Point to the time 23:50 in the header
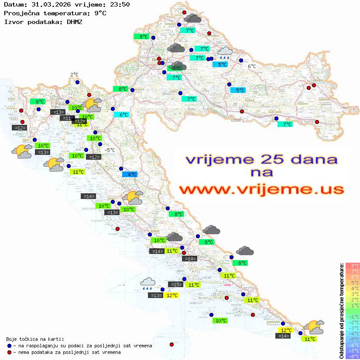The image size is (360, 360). [x=120, y=5]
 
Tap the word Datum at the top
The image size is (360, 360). [x=14, y=5]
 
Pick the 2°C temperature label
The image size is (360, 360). [x=74, y=75]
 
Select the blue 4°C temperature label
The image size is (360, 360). [x=130, y=175]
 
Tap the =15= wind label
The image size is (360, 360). [x=175, y=285]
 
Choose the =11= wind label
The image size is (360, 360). [x=67, y=118]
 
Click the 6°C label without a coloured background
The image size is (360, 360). [x=252, y=66]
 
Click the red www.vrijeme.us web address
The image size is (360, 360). [x=261, y=189]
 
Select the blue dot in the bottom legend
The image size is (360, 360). [x=10, y=346]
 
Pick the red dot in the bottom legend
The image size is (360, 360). [x=10, y=352]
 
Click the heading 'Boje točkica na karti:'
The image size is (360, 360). [x=35, y=339]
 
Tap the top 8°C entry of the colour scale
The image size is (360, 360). [x=353, y=265]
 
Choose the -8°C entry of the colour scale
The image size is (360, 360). [x=352, y=356]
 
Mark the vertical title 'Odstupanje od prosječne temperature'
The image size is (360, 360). [x=341, y=311]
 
